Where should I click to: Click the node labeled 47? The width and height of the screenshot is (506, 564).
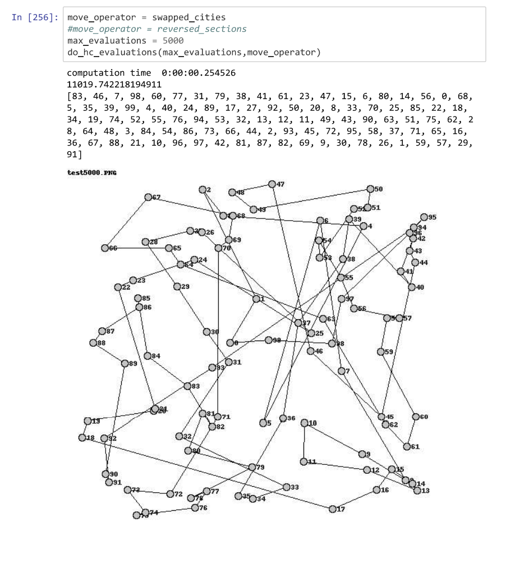point(272,184)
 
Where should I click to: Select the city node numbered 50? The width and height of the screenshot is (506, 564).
point(370,189)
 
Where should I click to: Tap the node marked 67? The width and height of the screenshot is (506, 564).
point(148,197)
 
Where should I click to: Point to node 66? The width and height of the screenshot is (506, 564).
point(105,248)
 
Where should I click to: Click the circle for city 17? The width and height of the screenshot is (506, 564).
point(333,509)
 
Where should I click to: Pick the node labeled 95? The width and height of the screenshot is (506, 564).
point(424,217)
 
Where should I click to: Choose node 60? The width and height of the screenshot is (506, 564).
point(416,417)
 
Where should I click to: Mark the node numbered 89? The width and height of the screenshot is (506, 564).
point(125,363)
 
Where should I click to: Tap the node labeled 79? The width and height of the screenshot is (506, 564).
point(252,467)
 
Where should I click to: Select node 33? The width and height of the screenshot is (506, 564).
point(287,487)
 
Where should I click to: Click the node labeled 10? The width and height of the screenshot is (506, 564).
point(305,423)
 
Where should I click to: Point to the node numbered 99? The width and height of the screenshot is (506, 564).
point(261,340)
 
